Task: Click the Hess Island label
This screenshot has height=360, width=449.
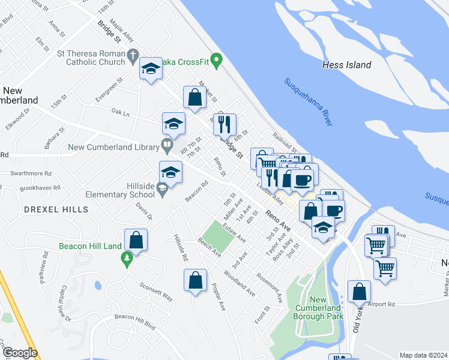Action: pos(346,65)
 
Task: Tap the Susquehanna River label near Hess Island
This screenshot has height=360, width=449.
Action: pos(309,102)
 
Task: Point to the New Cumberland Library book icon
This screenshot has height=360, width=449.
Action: pos(166,145)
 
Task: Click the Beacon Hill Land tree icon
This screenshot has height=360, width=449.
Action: pos(126,259)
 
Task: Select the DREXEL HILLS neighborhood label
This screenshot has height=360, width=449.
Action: pos(56,209)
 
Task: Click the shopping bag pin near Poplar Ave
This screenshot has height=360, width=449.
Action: pos(195,280)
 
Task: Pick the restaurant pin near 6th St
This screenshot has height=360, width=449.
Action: pos(224,124)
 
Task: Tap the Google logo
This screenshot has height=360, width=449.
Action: pos(19,353)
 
